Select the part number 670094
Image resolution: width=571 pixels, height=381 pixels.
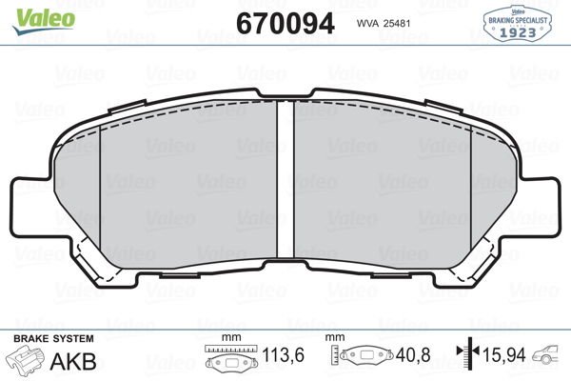click(285, 23)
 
